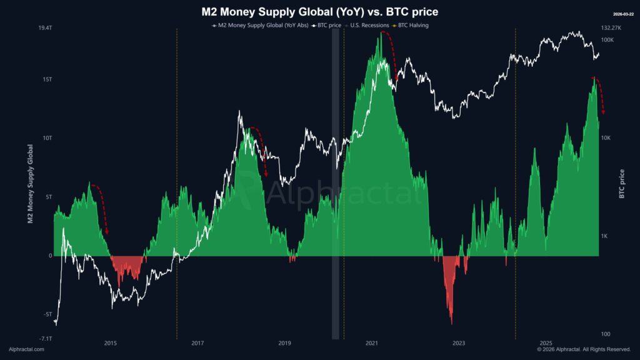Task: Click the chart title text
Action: [319, 12]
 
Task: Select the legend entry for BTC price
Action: [330, 26]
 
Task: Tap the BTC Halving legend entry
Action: [413, 26]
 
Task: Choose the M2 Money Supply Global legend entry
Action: [263, 26]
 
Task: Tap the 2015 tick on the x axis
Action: [110, 343]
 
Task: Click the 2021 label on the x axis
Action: [372, 343]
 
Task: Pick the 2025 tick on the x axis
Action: [546, 343]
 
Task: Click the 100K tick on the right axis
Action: [607, 40]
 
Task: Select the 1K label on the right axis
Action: [605, 236]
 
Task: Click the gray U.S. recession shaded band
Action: [335, 187]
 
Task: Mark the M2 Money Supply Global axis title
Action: [30, 184]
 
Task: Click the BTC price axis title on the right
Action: [622, 184]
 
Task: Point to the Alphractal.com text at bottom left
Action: [26, 349]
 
